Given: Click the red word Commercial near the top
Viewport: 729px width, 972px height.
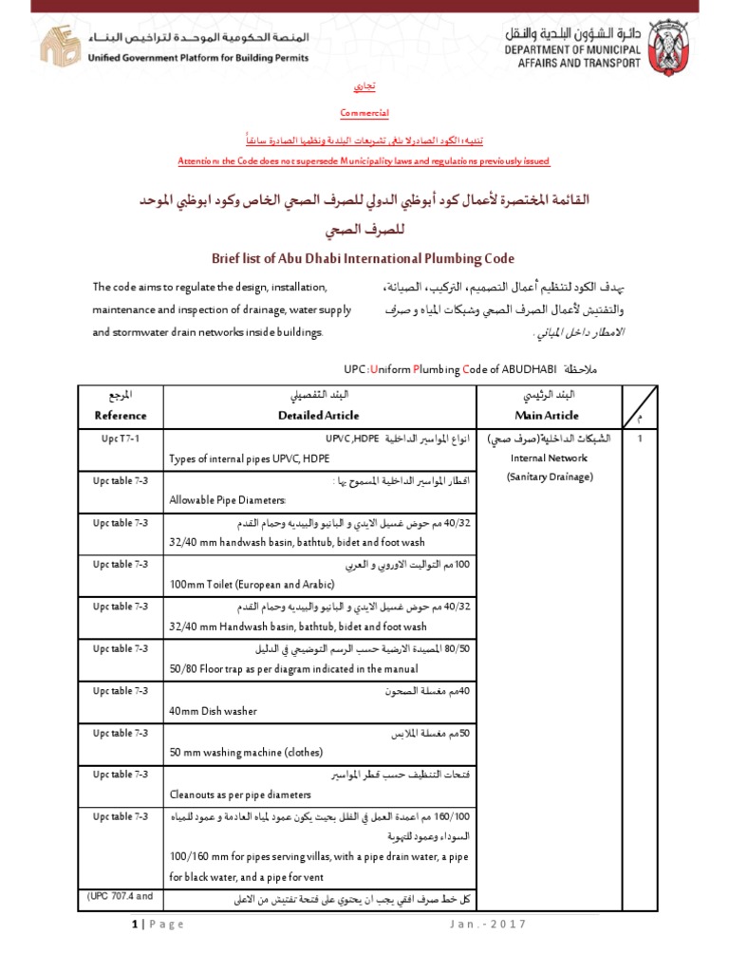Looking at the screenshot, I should pos(364,113).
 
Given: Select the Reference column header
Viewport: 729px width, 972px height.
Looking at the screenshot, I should pos(121,415).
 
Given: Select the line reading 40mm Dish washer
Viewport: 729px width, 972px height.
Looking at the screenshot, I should pos(214,710).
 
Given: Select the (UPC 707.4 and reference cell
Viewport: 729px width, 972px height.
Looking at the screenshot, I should pos(121,895).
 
